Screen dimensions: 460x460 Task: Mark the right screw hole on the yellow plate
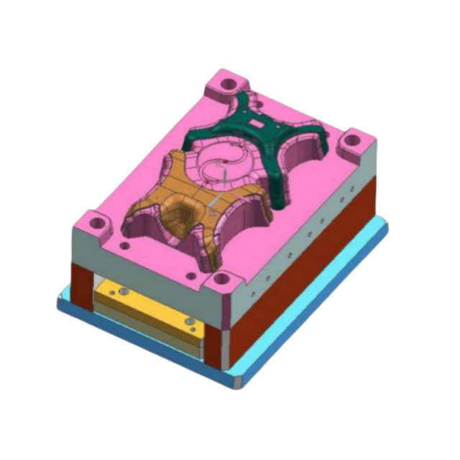click(x=190, y=322)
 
